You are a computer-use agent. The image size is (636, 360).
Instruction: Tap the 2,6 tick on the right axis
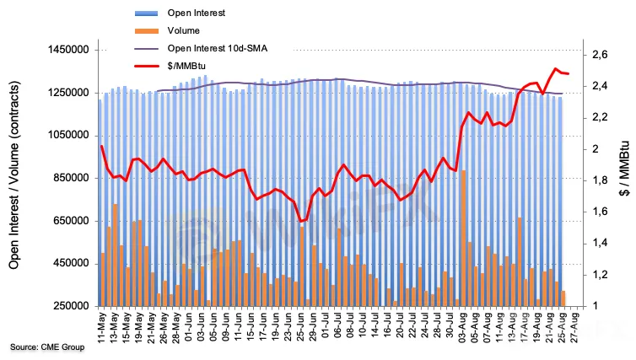600,55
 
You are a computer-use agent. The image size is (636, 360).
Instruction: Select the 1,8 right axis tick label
600,180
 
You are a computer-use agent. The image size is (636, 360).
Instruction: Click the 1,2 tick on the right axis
600,275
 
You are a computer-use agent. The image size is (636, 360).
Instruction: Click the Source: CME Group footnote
47,347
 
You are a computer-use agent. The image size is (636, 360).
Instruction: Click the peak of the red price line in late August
555,69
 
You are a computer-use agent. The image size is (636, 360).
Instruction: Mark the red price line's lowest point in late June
301,221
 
